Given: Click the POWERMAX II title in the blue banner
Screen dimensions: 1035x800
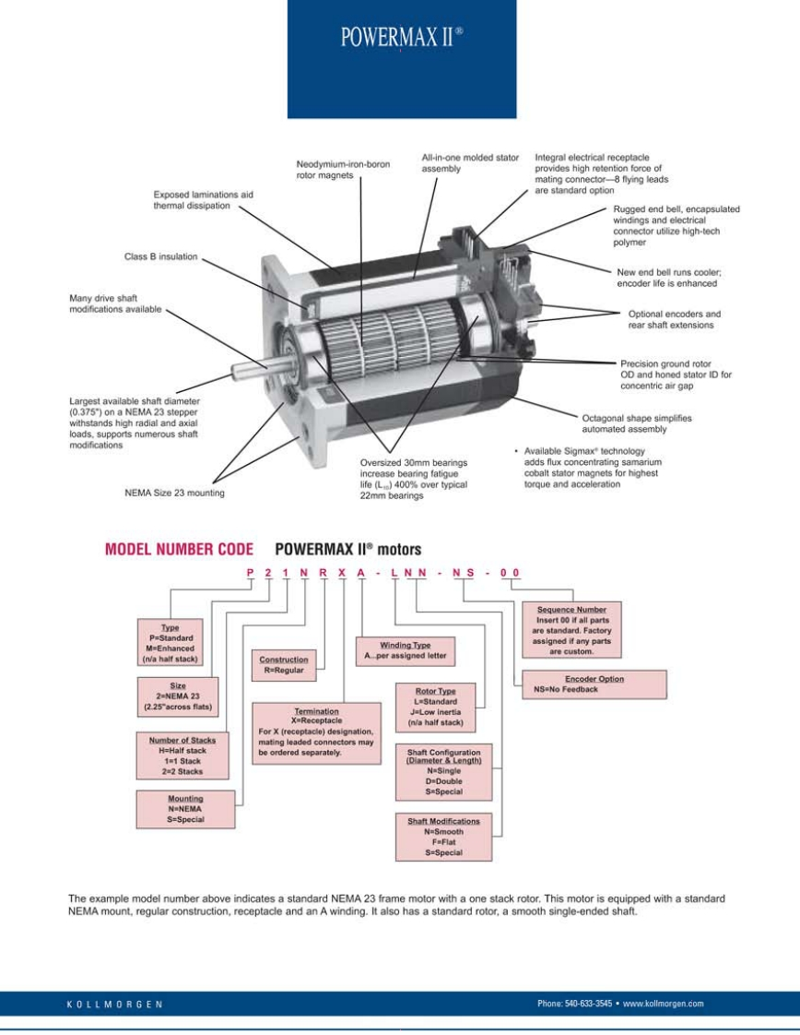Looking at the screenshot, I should coord(401,38).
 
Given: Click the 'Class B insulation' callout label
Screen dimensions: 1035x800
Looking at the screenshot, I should coord(160,256).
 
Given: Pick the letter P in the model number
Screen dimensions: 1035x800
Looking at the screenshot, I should coord(251,573).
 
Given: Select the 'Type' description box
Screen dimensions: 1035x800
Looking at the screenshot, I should coord(170,642).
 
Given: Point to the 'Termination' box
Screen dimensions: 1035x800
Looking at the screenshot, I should coord(315,732).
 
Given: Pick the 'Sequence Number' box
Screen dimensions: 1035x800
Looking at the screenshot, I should coord(571,630).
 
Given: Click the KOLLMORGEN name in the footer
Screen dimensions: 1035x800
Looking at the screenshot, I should coord(115,1004).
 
